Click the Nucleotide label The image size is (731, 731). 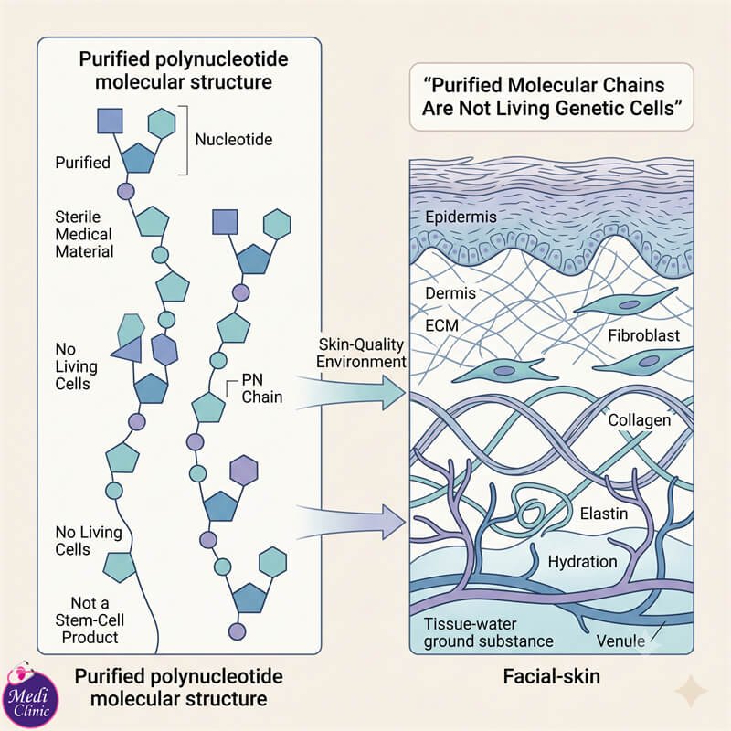click(234, 140)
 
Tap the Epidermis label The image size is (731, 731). click(461, 217)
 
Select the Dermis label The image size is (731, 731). click(450, 293)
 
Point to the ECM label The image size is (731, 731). click(441, 325)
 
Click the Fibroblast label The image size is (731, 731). click(644, 335)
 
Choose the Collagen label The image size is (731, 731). click(639, 420)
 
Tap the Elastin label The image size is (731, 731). click(604, 514)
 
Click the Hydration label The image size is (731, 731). click(582, 561)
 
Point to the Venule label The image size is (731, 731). click(620, 641)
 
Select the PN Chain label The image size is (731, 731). click(262, 388)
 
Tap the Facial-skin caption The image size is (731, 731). click(552, 676)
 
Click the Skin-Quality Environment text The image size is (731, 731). click(361, 353)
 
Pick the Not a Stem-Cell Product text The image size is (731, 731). click(90, 620)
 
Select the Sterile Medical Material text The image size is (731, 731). click(84, 234)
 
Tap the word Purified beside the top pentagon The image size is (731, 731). click(82, 163)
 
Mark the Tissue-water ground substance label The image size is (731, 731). click(488, 632)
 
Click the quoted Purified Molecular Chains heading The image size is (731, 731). click(552, 97)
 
